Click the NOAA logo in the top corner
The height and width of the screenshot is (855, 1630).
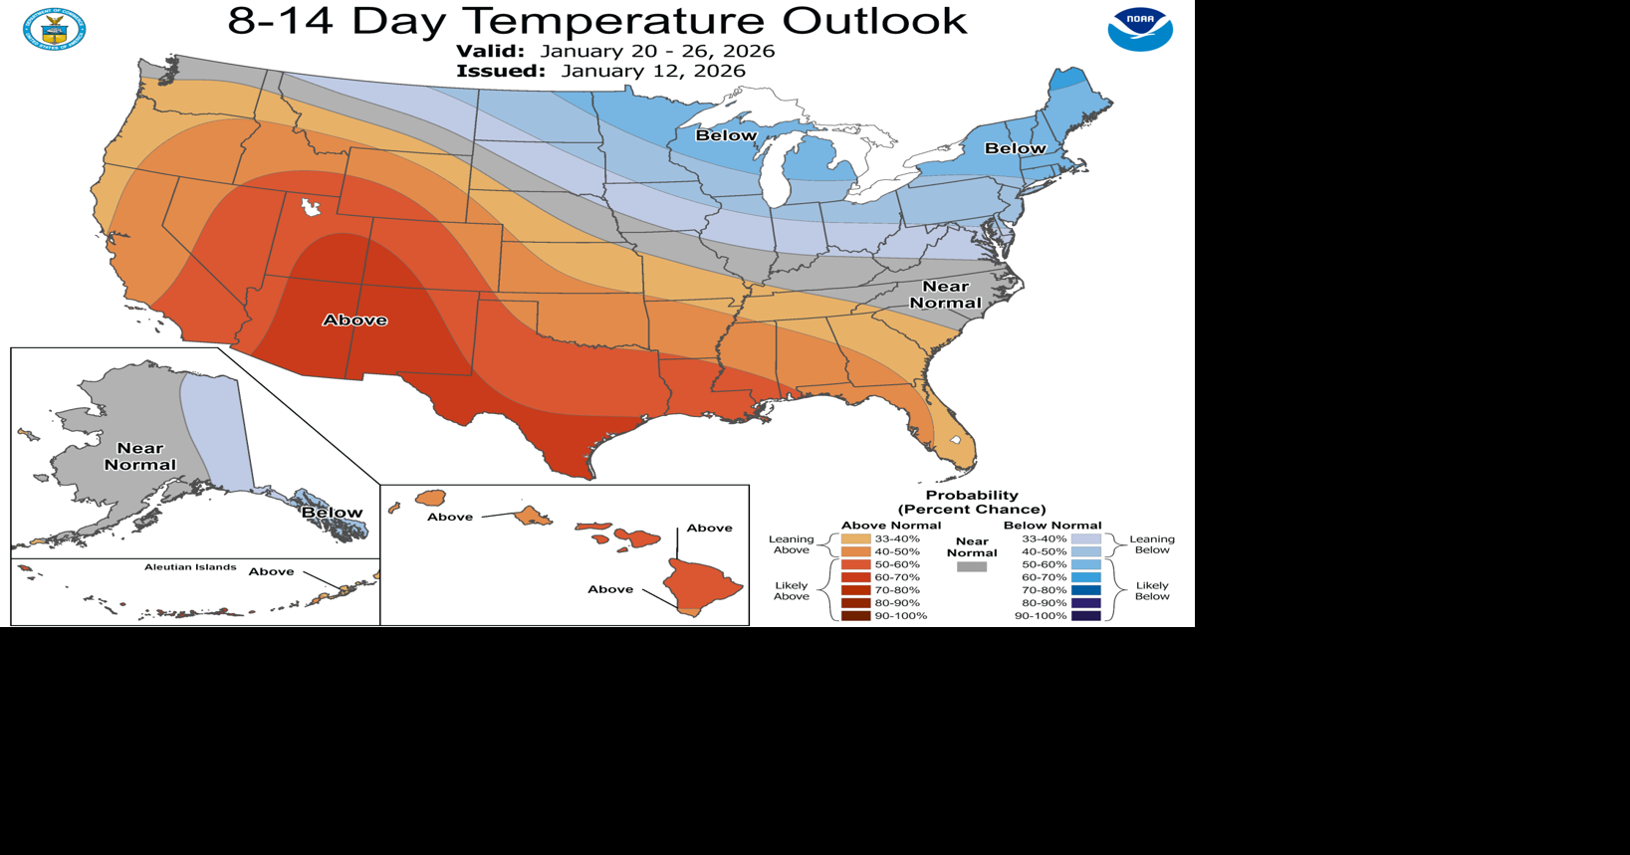1140,30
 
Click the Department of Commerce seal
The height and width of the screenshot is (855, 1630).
54,29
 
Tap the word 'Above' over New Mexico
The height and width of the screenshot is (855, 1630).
354,320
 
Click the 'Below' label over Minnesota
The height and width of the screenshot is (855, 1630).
726,135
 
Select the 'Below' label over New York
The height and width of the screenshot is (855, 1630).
1015,148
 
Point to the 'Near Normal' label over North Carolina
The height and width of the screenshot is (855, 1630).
945,295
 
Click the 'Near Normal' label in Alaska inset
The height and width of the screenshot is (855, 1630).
140,457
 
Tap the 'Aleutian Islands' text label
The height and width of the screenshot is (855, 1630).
190,567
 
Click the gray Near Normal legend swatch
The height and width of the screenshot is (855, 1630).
971,566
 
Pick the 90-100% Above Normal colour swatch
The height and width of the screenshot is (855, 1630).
855,616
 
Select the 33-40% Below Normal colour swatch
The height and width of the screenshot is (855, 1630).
1085,538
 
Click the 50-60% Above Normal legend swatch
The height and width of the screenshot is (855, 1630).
855,564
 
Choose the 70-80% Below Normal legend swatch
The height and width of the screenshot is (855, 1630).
1085,590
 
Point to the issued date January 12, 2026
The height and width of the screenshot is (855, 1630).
652,71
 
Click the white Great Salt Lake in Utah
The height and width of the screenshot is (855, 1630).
311,206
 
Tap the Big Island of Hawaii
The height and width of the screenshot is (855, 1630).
702,585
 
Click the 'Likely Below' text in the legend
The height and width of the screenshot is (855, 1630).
1152,591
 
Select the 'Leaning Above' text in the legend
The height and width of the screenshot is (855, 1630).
791,544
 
